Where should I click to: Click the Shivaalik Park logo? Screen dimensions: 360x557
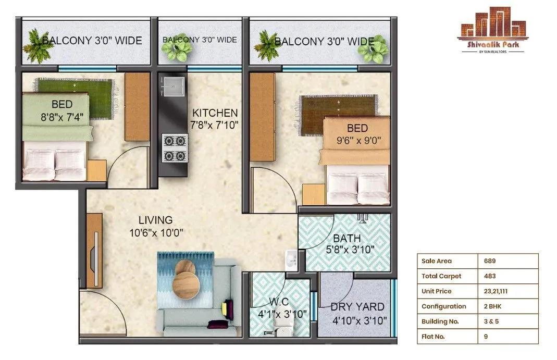(x=492, y=36)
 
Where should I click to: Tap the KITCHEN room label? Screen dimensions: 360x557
(x=215, y=113)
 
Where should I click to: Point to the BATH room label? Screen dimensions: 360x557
(x=346, y=239)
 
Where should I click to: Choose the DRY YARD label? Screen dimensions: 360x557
(x=358, y=307)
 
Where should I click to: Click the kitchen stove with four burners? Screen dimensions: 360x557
(x=175, y=147)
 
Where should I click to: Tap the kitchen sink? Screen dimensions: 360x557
(x=173, y=86)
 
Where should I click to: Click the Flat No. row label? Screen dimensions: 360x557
(x=434, y=337)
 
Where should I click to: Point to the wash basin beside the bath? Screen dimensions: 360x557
(x=290, y=258)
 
